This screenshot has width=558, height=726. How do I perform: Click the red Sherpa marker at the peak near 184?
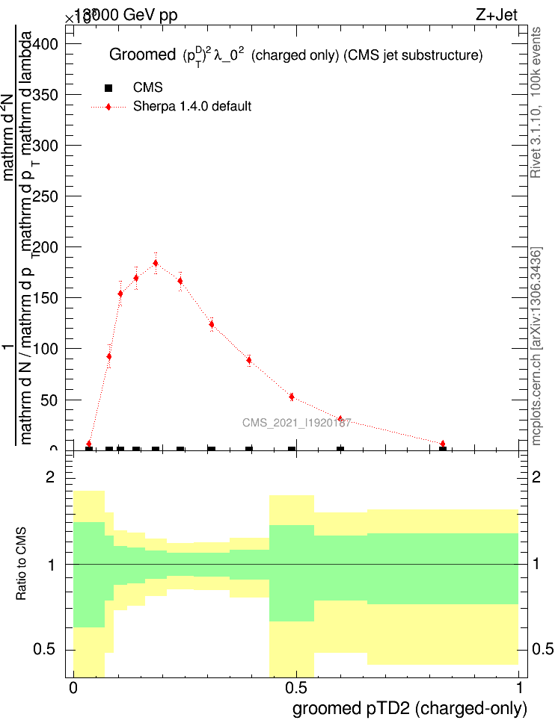(156, 263)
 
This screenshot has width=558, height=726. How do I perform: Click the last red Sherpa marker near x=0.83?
(443, 444)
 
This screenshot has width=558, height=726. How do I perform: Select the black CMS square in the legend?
(108, 88)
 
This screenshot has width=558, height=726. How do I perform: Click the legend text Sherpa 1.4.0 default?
(192, 106)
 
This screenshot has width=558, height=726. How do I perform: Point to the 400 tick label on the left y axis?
(44, 44)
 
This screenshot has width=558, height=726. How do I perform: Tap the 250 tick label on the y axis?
(44, 196)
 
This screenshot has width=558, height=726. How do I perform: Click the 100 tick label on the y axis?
(44, 349)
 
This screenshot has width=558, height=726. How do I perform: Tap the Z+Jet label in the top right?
(496, 14)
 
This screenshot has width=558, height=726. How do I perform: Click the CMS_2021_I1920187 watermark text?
(296, 423)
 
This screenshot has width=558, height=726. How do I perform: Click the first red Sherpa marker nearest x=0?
(89, 444)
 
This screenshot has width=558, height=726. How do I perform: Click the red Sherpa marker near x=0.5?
(292, 397)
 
